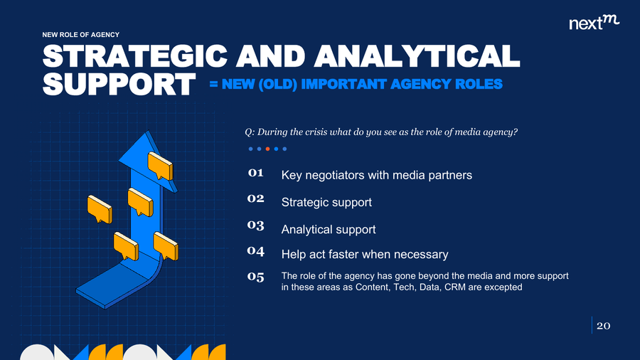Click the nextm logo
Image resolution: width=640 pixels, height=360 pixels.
pos(594,23)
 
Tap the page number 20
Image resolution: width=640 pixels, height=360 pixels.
pos(603,326)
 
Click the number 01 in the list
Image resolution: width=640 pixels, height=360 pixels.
pos(255,173)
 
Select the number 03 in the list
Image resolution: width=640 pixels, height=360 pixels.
pos(255,226)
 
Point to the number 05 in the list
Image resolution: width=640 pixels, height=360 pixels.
pos(255,277)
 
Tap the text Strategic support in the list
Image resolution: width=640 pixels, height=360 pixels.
pos(326,203)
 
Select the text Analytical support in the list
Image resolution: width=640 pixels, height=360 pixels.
pos(329,229)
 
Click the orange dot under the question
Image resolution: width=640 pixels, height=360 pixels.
pos(268,149)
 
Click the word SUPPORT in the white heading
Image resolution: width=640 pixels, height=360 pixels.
pos(119,85)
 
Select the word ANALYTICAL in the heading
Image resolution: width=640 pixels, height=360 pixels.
pos(417,56)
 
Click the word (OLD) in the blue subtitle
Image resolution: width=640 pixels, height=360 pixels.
pos(277,84)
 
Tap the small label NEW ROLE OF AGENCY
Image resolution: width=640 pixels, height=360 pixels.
pos(81,35)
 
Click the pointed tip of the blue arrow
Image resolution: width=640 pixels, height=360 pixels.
pos(148,131)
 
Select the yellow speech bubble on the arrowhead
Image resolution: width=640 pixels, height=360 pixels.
pos(160,166)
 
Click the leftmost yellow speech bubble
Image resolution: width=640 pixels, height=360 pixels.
pos(100,209)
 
